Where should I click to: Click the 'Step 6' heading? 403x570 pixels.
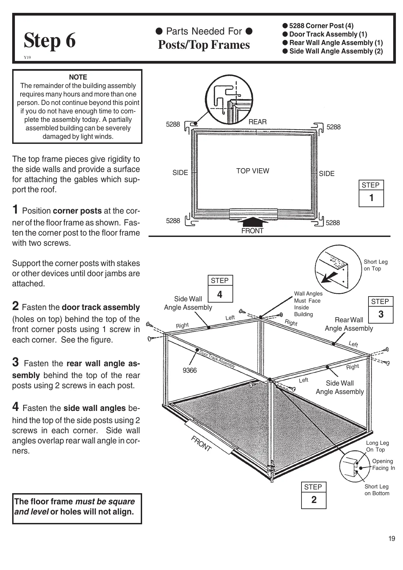coord(50,41)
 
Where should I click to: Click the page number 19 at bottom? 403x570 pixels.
coord(391,539)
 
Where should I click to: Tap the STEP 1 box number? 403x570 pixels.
coord(371,198)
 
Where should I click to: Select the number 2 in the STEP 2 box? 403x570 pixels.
coord(314,500)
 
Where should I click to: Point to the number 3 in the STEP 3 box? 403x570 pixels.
coord(381,314)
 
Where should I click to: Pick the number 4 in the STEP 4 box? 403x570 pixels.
coord(220,294)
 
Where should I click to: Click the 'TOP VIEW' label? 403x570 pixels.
coord(252,171)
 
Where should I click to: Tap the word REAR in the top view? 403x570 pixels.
coord(258,122)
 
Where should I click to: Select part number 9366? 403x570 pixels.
coord(189,370)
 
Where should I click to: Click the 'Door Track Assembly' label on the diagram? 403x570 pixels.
coord(217,359)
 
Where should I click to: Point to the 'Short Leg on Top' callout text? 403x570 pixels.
coord(376,265)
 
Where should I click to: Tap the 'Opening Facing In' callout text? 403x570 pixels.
coord(383,464)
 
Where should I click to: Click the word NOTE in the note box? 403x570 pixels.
coord(78,77)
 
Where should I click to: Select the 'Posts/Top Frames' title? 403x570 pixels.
coord(204,45)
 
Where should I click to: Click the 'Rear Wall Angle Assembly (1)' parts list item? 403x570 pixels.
coord(336,43)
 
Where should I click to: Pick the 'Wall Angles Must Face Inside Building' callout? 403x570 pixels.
coord(308,304)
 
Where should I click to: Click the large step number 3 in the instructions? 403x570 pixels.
coord(16,362)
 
